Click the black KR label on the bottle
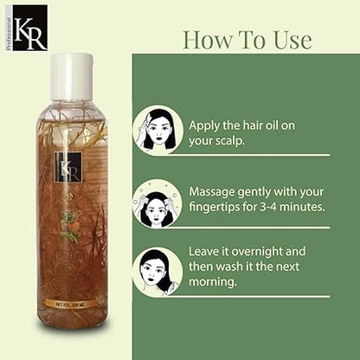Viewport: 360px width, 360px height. [68, 166]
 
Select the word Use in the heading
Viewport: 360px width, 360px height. [290, 40]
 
